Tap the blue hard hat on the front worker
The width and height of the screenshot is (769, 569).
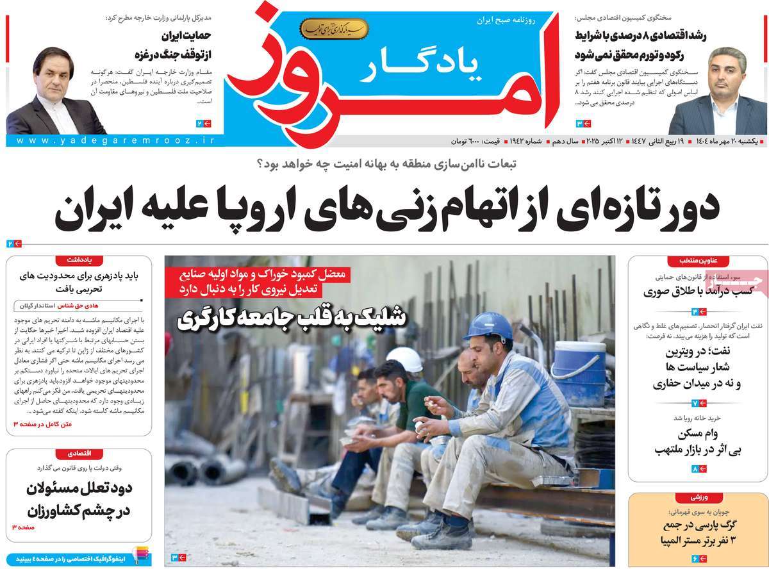488,325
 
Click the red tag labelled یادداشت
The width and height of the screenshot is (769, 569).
80,260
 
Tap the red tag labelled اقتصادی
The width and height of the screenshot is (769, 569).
80,454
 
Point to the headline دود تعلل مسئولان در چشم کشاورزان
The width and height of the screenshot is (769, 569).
80,500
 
